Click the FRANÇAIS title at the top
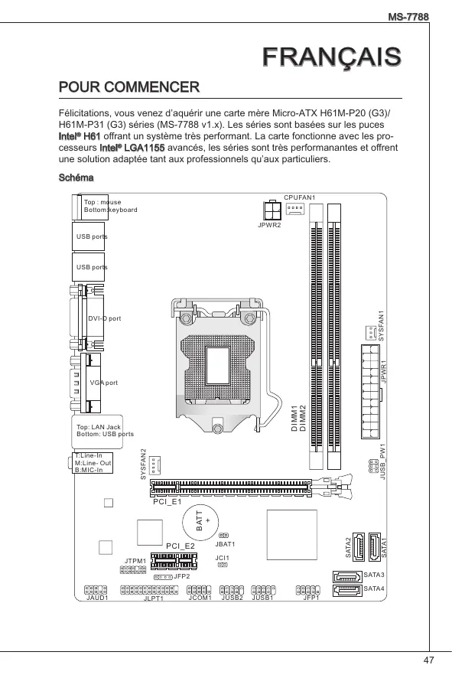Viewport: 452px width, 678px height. pos(332,57)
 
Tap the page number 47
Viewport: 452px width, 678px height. pos(428,660)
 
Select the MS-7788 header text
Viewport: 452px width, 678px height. pos(408,17)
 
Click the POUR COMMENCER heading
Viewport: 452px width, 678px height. pos(129,87)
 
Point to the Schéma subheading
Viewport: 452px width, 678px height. pos(76,178)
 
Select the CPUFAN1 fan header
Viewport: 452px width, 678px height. pos(294,208)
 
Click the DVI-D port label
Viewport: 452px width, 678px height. pos(105,318)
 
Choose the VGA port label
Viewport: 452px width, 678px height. pos(104,383)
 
